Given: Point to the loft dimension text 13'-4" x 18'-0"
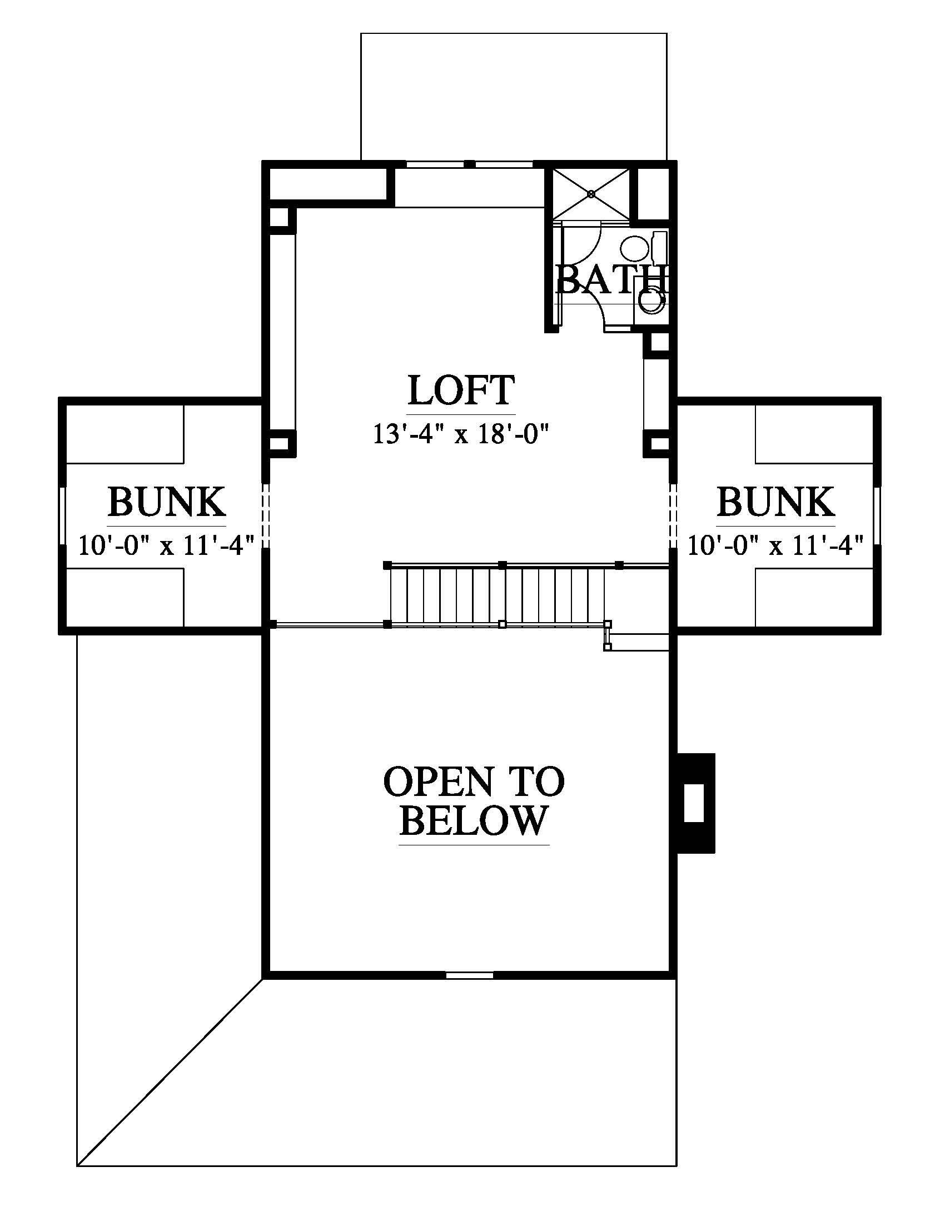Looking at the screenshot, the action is click(x=460, y=434).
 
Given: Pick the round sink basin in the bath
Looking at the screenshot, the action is click(x=651, y=301).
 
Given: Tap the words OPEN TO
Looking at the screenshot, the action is click(x=474, y=781).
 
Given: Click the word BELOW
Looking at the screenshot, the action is click(x=474, y=820).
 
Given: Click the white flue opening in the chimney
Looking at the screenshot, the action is click(x=694, y=803).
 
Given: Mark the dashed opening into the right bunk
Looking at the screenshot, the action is click(x=674, y=515).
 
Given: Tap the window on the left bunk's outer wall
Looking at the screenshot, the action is click(x=62, y=515).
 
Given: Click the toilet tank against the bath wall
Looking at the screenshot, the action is click(x=660, y=246).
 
